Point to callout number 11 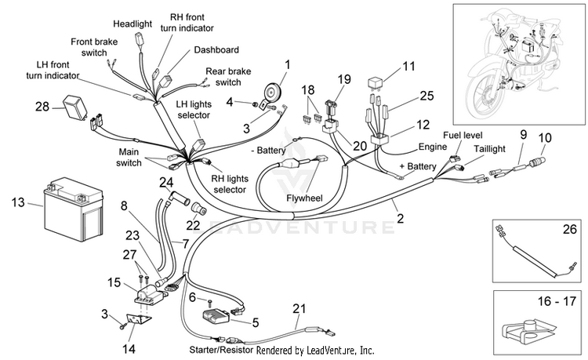[408, 66]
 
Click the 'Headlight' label [132, 24]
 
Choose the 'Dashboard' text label [216, 50]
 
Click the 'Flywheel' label [304, 198]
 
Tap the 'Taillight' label [489, 149]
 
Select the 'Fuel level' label [463, 135]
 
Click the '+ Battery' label [418, 166]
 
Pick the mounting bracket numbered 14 [139, 321]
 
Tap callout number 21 [299, 308]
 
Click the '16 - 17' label [557, 300]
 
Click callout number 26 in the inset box [570, 229]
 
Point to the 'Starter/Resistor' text [222, 351]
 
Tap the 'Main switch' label [129, 158]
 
